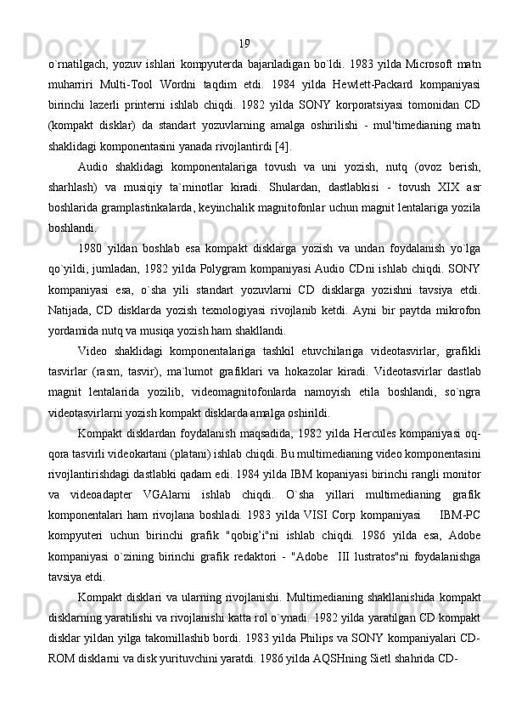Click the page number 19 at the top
[x=244, y=43]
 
